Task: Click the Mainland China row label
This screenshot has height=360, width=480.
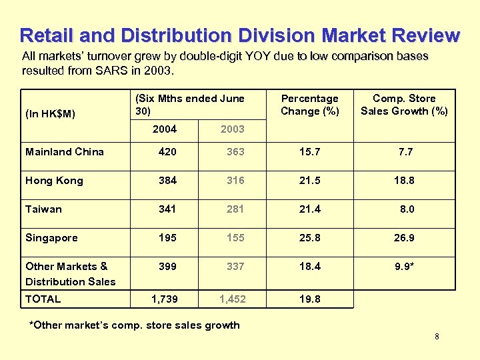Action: tap(65, 152)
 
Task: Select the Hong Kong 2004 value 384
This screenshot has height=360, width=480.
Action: tap(167, 181)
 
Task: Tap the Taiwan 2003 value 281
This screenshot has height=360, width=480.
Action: tap(235, 209)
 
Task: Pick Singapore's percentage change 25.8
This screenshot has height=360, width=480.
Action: tap(309, 238)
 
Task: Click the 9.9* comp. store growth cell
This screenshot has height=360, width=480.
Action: tap(405, 267)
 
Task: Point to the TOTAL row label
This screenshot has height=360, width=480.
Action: tap(43, 299)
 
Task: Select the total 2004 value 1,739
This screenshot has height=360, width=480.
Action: tap(165, 299)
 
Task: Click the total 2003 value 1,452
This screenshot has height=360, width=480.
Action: tap(233, 299)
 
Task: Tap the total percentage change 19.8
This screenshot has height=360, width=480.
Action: tap(309, 299)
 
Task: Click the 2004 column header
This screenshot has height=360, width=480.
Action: tap(165, 129)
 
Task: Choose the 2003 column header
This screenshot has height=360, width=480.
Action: tap(232, 129)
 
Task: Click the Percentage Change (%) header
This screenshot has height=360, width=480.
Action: tap(309, 105)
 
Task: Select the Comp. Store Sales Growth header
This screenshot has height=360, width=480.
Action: tap(404, 105)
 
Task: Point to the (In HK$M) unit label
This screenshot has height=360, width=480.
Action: tap(50, 114)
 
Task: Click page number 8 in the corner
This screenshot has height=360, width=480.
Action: tap(437, 337)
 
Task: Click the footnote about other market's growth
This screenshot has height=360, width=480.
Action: tap(134, 325)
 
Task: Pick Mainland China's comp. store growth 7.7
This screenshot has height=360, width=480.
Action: tap(405, 152)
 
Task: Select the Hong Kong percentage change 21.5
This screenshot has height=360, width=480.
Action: tap(309, 181)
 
